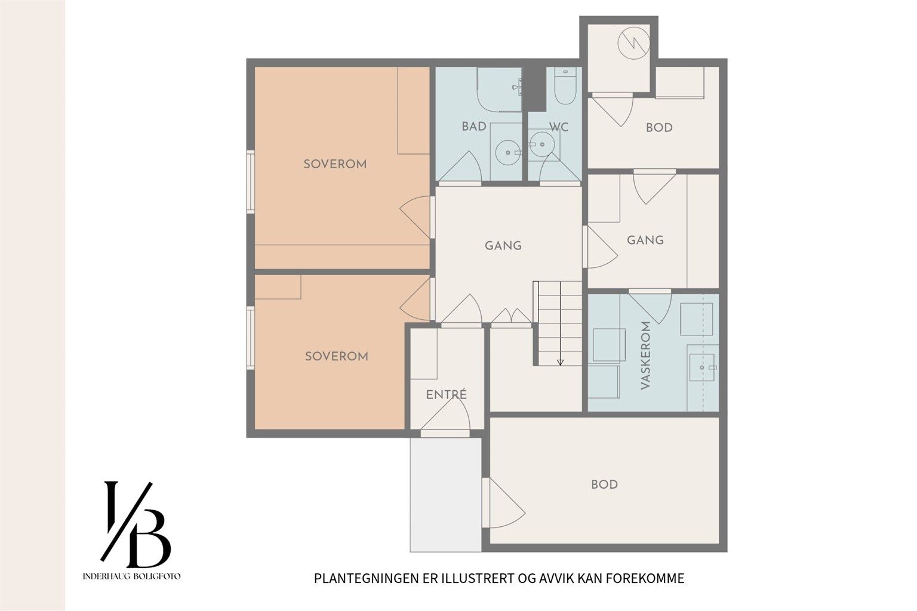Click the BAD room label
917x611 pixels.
coord(474,126)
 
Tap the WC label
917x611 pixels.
coord(559,127)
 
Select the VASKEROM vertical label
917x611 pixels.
coord(645,355)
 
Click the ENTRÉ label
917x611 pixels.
coord(446,394)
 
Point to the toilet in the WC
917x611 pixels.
coord(565,86)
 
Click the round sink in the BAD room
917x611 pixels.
coord(508,153)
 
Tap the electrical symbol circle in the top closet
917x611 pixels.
coord(633,43)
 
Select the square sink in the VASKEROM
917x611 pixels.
coord(701,368)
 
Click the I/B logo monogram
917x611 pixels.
coord(136,524)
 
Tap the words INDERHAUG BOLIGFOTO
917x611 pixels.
coord(131,576)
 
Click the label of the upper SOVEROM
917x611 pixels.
coord(335,164)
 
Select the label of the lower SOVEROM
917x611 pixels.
coord(337,356)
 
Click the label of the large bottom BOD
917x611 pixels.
coord(604,485)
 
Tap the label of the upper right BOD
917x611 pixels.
coord(659,128)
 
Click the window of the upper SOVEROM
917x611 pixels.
coord(250,182)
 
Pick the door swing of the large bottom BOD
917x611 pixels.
coord(503,503)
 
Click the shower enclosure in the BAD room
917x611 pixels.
coord(500,90)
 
